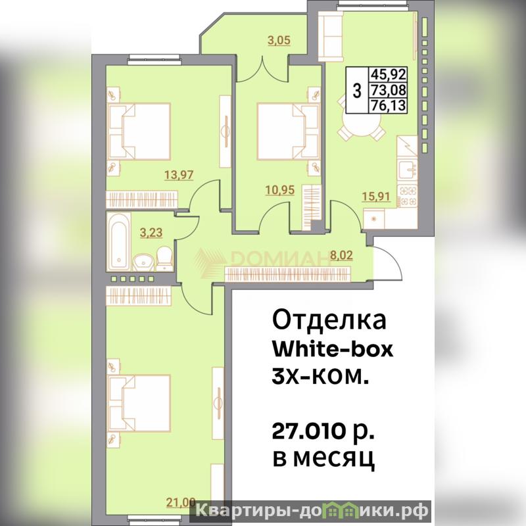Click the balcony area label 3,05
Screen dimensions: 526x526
[x=279, y=41]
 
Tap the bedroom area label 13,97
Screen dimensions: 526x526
[x=179, y=175]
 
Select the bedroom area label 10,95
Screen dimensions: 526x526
[x=280, y=190]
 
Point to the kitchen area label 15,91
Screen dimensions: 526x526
[x=376, y=196]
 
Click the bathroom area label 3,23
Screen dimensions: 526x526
[x=151, y=233]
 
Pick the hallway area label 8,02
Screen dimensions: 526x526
[x=341, y=255]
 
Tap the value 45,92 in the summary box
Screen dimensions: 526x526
[x=388, y=74]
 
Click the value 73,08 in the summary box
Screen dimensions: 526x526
[x=388, y=90]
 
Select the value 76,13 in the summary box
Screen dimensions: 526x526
[x=388, y=106]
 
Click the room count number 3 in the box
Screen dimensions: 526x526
[x=357, y=91]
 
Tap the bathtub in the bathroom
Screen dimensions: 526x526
[x=118, y=241]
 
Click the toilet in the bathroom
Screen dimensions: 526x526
[x=164, y=258]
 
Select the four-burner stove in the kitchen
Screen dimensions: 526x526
[x=407, y=195]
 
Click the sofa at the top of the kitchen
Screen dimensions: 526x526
[x=331, y=36]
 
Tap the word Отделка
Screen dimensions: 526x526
[x=329, y=320]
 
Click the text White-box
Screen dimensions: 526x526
[x=332, y=350]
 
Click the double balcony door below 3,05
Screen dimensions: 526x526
[x=262, y=70]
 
